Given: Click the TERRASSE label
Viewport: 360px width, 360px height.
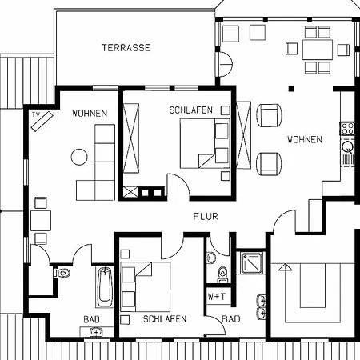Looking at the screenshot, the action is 126,48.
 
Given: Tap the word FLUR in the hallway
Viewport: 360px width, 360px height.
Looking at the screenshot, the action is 206,216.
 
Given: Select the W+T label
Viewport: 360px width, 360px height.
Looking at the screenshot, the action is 216,296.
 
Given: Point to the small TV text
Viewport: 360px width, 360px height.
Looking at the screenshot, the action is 36,114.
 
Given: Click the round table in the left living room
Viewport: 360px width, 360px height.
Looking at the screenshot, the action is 79,157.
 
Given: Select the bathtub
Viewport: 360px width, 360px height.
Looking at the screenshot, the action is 105,287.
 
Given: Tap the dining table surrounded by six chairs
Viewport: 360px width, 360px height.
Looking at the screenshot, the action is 318,50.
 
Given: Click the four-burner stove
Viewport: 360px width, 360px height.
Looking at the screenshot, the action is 348,128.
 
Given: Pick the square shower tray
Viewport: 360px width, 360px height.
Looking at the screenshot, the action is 252,263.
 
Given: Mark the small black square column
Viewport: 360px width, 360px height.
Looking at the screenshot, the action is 291,88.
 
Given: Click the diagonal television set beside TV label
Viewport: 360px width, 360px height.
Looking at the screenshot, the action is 42,122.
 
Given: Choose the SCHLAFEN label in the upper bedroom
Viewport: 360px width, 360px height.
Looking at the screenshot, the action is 191,110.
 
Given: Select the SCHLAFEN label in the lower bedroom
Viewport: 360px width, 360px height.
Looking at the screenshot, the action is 165,319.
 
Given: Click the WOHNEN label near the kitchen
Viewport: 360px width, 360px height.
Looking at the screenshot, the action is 305,139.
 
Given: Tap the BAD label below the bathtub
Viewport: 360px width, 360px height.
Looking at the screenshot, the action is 91,319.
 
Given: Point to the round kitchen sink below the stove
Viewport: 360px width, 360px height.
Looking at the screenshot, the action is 348,146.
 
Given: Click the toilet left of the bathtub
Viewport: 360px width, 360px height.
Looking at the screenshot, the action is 62,273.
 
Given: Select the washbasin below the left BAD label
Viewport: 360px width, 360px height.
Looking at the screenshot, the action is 96,332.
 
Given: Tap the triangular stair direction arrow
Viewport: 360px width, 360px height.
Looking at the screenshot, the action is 285,267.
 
